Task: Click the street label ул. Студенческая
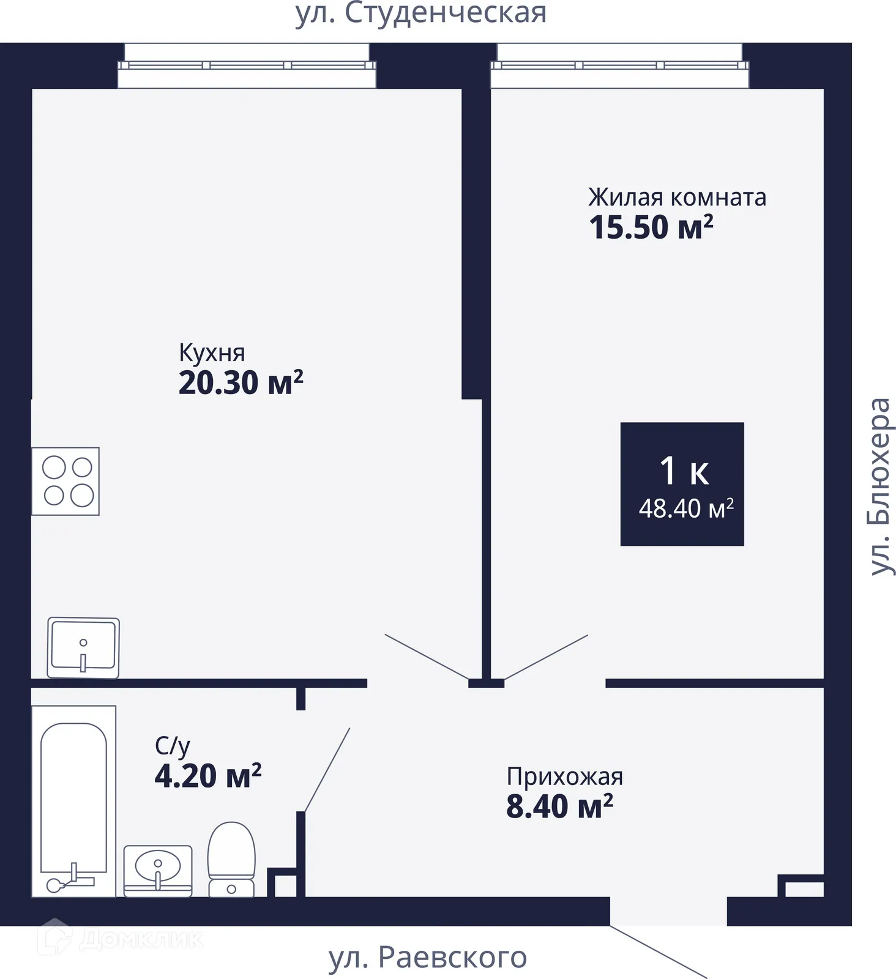(x=421, y=13)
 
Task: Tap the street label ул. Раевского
(x=427, y=958)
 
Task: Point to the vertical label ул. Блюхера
(x=881, y=486)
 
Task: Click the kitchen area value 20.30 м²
(x=241, y=382)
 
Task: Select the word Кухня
(x=212, y=352)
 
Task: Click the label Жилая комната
(x=677, y=197)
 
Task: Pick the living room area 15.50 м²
(x=651, y=227)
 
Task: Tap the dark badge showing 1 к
(x=682, y=483)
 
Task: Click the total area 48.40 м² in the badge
(x=686, y=508)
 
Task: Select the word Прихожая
(x=565, y=776)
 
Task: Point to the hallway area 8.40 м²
(x=559, y=806)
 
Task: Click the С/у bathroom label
(x=173, y=746)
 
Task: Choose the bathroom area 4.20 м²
(x=208, y=775)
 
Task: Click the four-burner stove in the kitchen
(x=65, y=482)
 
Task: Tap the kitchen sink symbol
(x=83, y=647)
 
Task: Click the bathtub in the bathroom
(x=73, y=802)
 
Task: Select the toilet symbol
(x=231, y=859)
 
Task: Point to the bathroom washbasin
(x=158, y=871)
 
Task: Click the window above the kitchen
(x=247, y=65)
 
